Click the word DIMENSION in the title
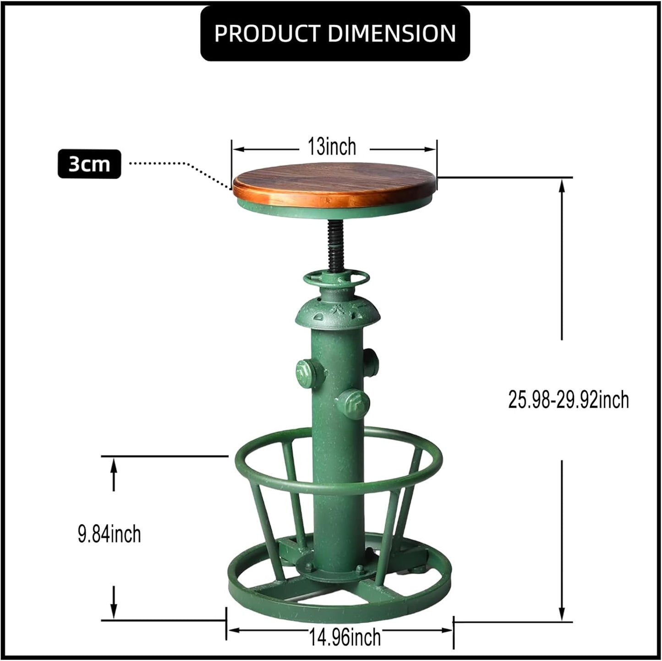(392, 33)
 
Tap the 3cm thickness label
(89, 164)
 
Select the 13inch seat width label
(332, 147)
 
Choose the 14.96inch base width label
(345, 637)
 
